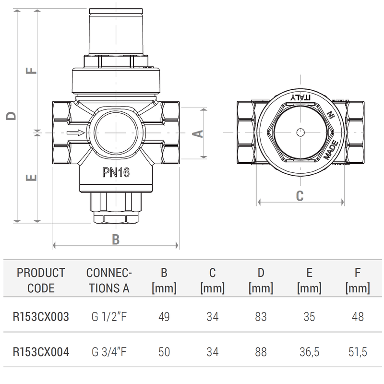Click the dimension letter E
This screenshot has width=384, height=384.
pos(30,178)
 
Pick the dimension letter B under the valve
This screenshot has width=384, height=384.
pos(115,239)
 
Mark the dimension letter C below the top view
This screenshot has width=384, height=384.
pos(300,195)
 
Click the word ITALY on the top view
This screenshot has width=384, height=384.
pos(300,97)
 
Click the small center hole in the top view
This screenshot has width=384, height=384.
pos(300,133)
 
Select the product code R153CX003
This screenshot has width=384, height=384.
pos(41,317)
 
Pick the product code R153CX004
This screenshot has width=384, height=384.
pos(41,352)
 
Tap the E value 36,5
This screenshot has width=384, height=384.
pos(309,352)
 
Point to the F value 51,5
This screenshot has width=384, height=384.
pos(357,352)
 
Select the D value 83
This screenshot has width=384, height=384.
pos(261,317)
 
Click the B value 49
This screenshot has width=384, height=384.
pos(164,317)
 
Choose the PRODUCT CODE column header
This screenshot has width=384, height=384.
pos(41,280)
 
